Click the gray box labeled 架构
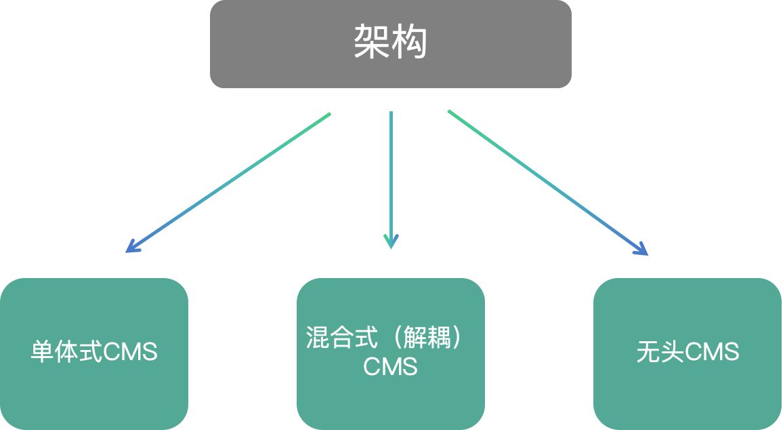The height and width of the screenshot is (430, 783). click(391, 43)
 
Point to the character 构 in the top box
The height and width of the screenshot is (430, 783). click(410, 43)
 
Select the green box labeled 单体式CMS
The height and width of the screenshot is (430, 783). click(93, 353)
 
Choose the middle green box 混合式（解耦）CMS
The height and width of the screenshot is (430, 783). click(391, 353)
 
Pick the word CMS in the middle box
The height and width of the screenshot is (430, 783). click(390, 367)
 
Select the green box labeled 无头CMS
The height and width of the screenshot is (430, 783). click(687, 353)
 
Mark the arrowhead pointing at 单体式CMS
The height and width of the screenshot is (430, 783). click(132, 247)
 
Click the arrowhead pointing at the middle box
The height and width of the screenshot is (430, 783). click(391, 242)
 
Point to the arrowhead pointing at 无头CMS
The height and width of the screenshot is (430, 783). click(642, 250)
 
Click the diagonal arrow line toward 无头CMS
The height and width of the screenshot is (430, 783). click(545, 181)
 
